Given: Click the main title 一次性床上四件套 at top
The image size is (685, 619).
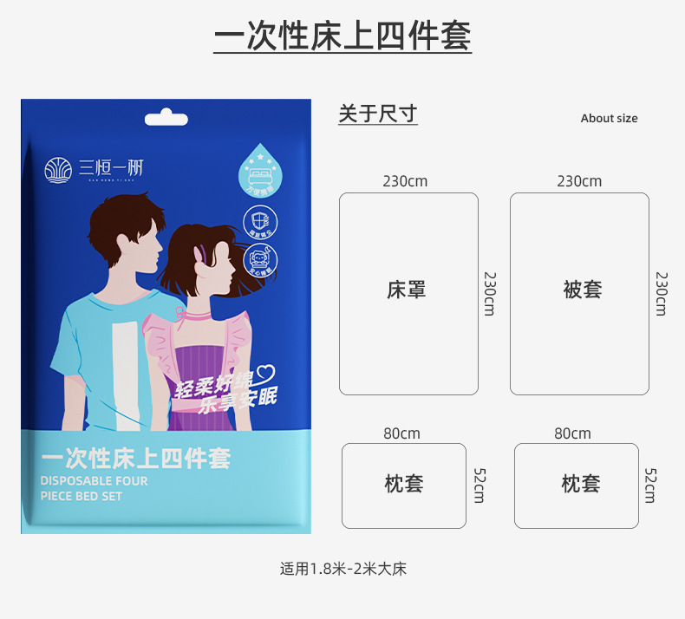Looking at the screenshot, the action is coord(342,36).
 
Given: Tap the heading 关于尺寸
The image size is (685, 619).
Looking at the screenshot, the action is coord(377,114).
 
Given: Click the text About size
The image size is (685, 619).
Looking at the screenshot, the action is coord(609,119).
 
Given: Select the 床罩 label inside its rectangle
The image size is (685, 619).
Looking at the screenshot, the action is coord(407,290).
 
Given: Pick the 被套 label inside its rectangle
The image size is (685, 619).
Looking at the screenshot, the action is coord(582,290).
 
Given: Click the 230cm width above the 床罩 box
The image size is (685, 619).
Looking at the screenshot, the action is coord(405,181).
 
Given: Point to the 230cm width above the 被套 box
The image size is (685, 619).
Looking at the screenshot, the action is coord(579,181).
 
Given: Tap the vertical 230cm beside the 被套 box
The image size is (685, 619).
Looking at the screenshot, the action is coord(662,294).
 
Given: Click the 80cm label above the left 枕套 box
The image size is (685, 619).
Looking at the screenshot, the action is coord(401,433).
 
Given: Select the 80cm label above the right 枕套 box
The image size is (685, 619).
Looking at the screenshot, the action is coord(572,433).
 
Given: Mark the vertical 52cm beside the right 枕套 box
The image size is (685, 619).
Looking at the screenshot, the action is coord(650,485).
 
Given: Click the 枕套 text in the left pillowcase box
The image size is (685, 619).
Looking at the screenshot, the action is coord(404,484).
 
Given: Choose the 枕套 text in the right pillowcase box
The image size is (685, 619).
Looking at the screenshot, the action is coord(580,484).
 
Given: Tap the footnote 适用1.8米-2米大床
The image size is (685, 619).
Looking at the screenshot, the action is coord(342,570).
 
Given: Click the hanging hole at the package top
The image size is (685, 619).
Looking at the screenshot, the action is coord(166,117).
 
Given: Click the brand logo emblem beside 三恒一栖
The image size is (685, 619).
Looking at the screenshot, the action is coord(60,169).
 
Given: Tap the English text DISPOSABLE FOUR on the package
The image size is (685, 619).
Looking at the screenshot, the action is coord(94,480).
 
